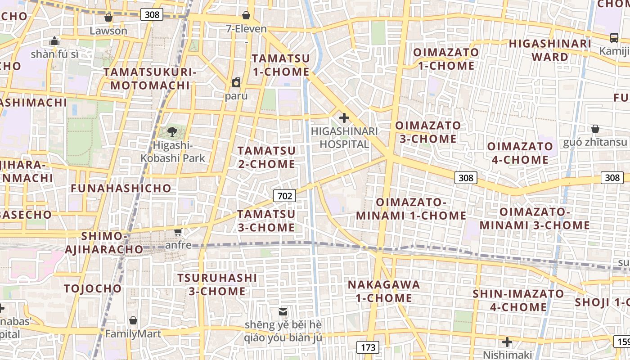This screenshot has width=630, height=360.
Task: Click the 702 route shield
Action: pos(284,196)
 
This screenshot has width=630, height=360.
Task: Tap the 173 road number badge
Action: pos(368,347)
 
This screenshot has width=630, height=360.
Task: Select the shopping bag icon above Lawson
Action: pos(108,18)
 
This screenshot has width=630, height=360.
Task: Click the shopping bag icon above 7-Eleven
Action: pos(246,15)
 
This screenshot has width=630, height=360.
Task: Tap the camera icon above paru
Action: pos(236,82)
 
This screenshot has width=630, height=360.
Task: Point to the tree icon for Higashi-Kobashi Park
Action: pos(172,132)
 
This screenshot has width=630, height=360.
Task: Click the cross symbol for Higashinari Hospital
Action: pos(344,118)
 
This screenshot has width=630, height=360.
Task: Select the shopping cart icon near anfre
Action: pos(178,232)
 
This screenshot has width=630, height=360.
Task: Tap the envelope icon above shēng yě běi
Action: pos(283,311)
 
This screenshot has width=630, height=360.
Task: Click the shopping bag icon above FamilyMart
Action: pos(133,320)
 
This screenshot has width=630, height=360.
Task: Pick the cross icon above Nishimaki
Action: pos(507,342)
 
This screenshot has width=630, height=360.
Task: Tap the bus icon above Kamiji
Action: pos(614,38)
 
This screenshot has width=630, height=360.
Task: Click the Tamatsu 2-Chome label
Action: pos(267,157)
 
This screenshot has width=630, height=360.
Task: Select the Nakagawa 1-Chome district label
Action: pos(384,291)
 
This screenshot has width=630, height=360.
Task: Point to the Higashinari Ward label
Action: pos(550,50)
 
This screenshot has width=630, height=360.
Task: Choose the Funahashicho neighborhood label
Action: pos(121,188)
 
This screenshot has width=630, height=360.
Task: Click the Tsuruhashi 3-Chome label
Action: pos(217,284)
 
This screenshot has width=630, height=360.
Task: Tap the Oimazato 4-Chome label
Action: pos(520,153)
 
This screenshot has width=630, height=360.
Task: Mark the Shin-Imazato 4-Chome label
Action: pos(518,301)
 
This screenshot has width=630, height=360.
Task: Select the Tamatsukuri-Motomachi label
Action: pos(150,79)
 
